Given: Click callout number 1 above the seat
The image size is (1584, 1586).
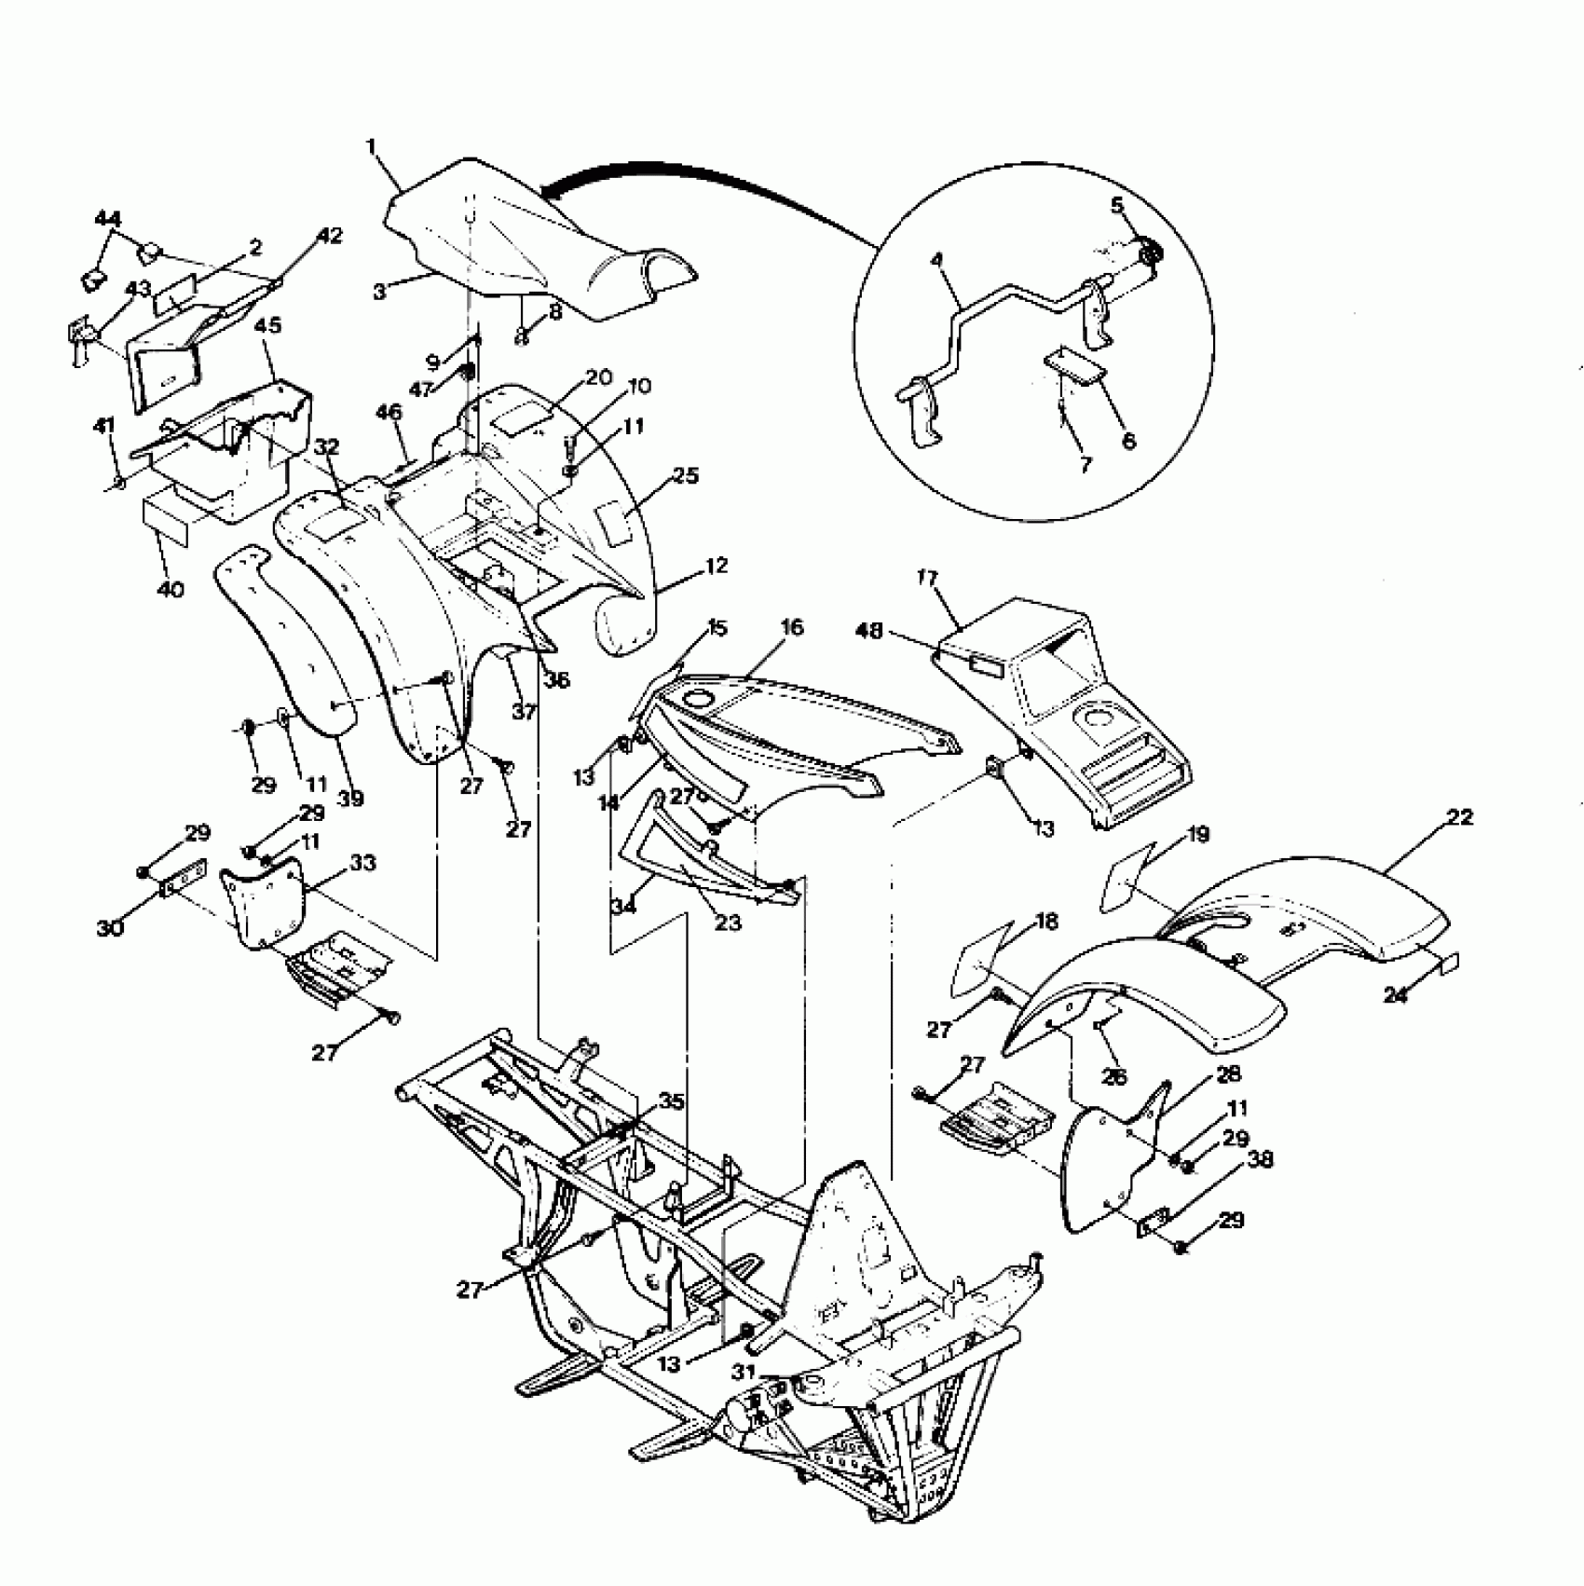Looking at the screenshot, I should [372, 147].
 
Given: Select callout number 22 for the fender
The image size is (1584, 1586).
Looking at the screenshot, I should [1461, 817].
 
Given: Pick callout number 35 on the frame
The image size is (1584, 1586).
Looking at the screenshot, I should [671, 1102].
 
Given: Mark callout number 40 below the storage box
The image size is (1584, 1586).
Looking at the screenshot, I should [173, 589].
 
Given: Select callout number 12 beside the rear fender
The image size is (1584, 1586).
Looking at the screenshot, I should [717, 566].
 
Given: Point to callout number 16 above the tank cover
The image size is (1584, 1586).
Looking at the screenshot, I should [792, 627].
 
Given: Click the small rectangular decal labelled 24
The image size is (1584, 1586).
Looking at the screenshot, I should [1452, 963].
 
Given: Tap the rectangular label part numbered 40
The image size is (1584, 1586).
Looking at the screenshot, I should [166, 525].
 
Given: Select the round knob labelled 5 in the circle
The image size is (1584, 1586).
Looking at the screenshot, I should [1152, 253].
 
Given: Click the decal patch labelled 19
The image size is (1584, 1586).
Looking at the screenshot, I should [1128, 877].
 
